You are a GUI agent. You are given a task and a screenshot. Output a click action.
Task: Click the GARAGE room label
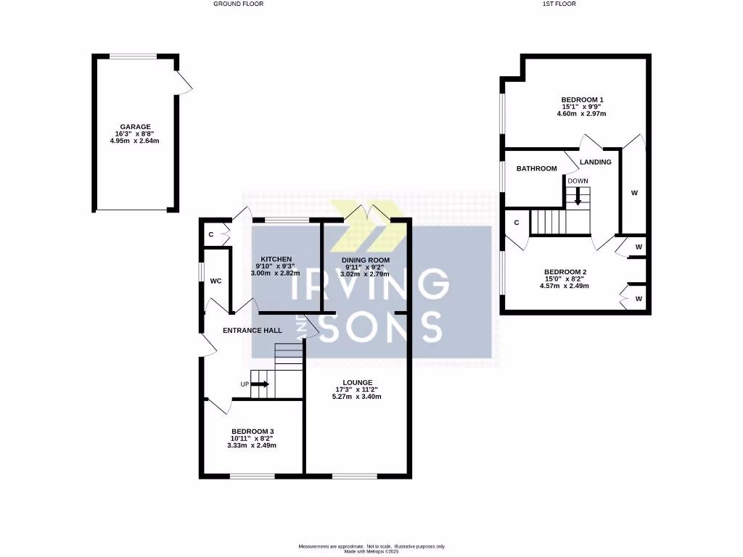click(x=136, y=126)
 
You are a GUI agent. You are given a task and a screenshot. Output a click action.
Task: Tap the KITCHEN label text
click(x=276, y=259)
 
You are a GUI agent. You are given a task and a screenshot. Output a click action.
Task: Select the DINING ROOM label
click(x=366, y=260)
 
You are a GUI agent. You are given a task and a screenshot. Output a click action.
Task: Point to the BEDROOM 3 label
click(x=253, y=431)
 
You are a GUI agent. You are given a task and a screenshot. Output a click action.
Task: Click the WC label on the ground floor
click(x=215, y=281)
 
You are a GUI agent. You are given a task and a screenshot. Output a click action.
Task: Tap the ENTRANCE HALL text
click(x=252, y=330)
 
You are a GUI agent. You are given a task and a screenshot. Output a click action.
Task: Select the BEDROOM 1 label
click(x=582, y=99)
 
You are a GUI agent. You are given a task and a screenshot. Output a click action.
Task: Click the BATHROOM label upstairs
click(x=536, y=168)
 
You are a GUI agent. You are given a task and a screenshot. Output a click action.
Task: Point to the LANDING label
click(x=595, y=162)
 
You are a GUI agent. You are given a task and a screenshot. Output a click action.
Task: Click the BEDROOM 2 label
click(x=565, y=271)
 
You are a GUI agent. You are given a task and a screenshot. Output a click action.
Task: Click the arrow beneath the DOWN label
click(x=578, y=195)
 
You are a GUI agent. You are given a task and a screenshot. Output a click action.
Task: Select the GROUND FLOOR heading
click(x=238, y=4)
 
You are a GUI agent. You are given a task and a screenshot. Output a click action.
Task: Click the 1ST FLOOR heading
click(x=560, y=4)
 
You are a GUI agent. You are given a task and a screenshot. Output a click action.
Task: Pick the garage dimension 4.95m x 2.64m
click(x=135, y=141)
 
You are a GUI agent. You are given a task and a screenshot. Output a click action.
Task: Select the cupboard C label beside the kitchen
click(x=211, y=234)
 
